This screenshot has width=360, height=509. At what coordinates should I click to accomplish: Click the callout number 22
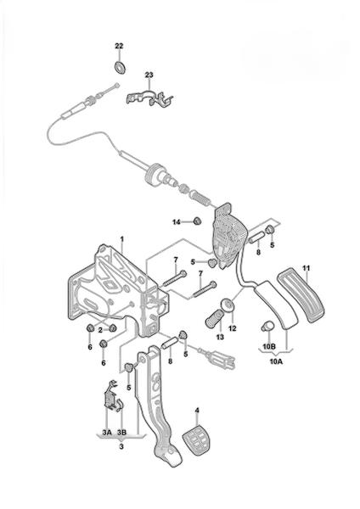click(x=119, y=46)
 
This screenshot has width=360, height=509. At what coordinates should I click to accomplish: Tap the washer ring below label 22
click(x=121, y=67)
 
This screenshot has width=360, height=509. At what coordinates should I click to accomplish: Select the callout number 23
click(x=149, y=75)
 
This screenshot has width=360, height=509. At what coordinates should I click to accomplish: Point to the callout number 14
click(x=176, y=222)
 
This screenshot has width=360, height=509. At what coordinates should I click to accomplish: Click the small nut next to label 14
click(x=197, y=221)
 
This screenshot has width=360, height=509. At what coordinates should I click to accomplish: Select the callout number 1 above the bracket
click(x=122, y=239)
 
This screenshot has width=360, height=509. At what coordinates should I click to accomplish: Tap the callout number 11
click(x=306, y=268)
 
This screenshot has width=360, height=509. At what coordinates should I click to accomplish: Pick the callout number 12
click(x=233, y=328)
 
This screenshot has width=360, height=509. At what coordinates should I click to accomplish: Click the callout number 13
click(x=220, y=337)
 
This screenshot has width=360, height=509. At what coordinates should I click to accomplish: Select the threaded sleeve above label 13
click(x=213, y=318)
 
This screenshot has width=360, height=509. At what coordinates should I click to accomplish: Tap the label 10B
click(x=269, y=347)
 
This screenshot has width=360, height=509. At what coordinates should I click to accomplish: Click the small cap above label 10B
click(x=267, y=326)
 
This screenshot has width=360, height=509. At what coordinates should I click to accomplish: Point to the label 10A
click(x=276, y=361)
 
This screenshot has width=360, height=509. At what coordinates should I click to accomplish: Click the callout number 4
click(x=197, y=411)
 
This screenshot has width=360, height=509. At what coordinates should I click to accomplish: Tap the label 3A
click(x=107, y=433)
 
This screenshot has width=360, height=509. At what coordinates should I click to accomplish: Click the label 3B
click(x=122, y=433)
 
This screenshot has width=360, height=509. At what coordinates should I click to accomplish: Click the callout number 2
click(x=100, y=330)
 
